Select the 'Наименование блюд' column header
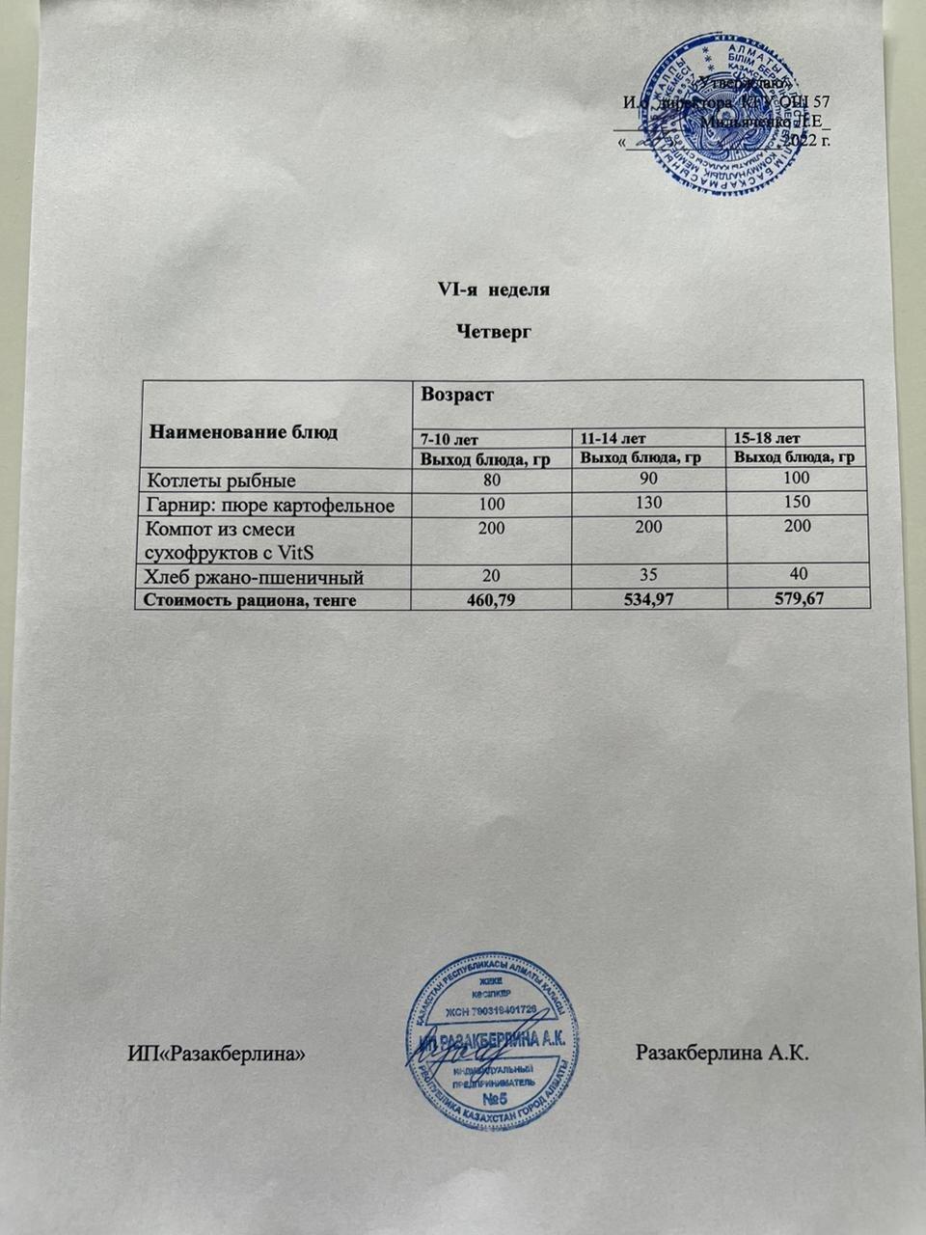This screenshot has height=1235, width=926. click(243, 431)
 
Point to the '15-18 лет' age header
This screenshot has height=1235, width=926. click(768, 438)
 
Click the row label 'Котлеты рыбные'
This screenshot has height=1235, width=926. click(220, 480)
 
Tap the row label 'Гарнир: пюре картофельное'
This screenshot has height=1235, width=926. click(269, 504)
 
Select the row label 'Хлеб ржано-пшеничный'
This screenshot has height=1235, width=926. click(254, 578)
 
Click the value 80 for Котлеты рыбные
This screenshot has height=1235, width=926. click(491, 478)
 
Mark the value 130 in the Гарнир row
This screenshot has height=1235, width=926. click(649, 503)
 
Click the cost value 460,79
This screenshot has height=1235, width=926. click(491, 600)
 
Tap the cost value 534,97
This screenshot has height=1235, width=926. click(648, 600)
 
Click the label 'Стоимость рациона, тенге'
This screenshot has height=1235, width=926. click(250, 601)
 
